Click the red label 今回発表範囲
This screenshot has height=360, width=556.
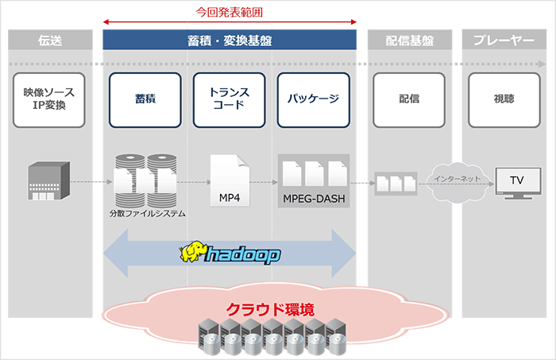(x=229, y=12)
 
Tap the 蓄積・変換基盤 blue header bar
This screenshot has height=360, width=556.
(x=229, y=41)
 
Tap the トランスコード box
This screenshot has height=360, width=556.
(x=229, y=99)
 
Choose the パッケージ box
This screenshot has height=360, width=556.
(x=313, y=99)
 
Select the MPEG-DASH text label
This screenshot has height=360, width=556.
(x=314, y=199)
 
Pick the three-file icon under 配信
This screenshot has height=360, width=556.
(x=396, y=184)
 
